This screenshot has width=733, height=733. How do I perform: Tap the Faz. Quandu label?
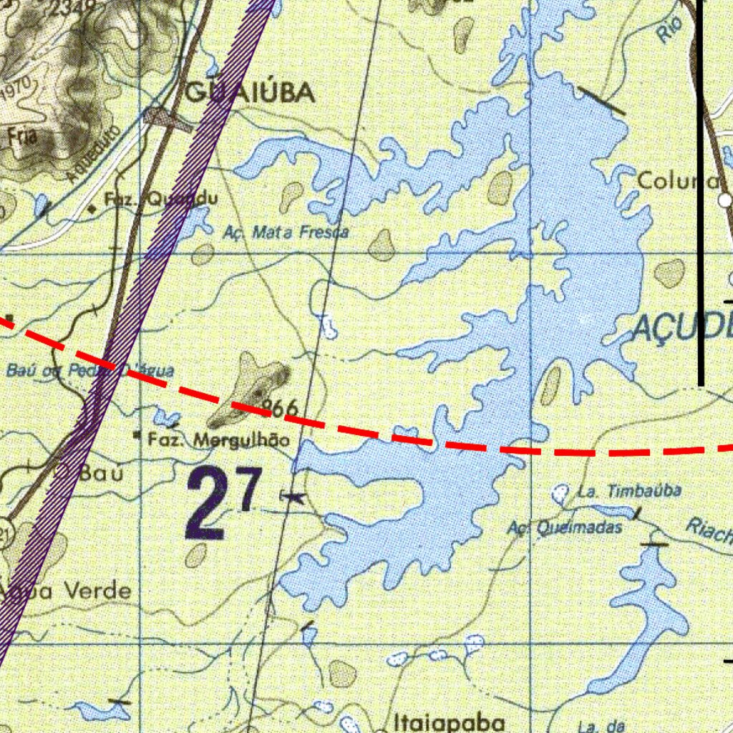[160, 200]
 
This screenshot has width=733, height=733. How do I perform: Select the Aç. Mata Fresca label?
[286, 232]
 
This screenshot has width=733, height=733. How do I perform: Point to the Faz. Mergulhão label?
[218, 440]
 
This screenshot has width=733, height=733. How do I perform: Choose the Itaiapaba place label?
[449, 722]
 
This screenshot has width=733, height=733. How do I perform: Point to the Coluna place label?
[676, 181]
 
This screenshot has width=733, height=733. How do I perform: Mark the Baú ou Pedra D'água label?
[89, 371]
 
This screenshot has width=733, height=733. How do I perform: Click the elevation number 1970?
[15, 90]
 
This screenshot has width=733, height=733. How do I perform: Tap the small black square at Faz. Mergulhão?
[137, 435]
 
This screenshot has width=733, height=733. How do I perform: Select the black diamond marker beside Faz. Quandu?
[92, 209]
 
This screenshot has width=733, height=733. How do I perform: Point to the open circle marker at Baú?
[62, 470]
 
